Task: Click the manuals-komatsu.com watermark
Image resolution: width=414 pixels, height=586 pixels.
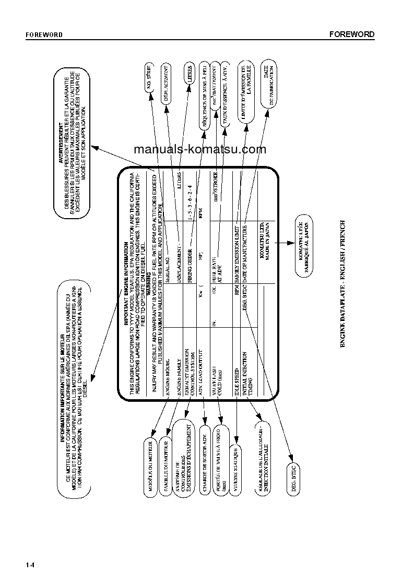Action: (x=200, y=150)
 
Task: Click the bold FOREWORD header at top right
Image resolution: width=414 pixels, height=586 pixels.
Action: (x=352, y=34)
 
